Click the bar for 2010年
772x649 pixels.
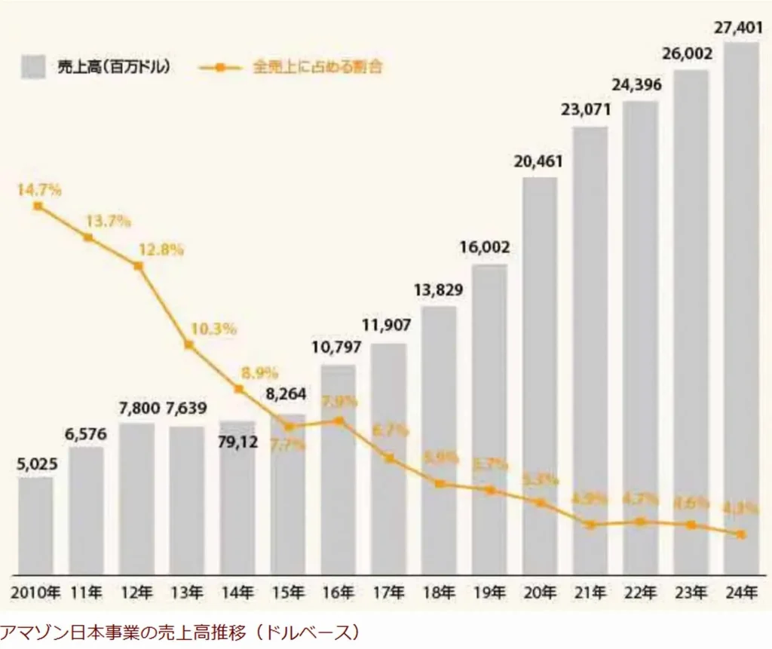click(x=35, y=525)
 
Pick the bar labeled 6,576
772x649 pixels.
click(x=86, y=510)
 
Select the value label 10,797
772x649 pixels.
click(x=337, y=348)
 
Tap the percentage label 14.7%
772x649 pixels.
click(x=39, y=190)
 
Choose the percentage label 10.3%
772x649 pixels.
click(x=215, y=329)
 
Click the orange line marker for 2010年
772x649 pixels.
click(x=38, y=206)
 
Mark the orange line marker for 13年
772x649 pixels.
click(x=188, y=345)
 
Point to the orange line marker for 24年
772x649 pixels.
click(x=742, y=534)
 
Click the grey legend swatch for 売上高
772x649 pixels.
click(x=35, y=67)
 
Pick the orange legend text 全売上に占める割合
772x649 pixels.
click(x=317, y=67)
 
